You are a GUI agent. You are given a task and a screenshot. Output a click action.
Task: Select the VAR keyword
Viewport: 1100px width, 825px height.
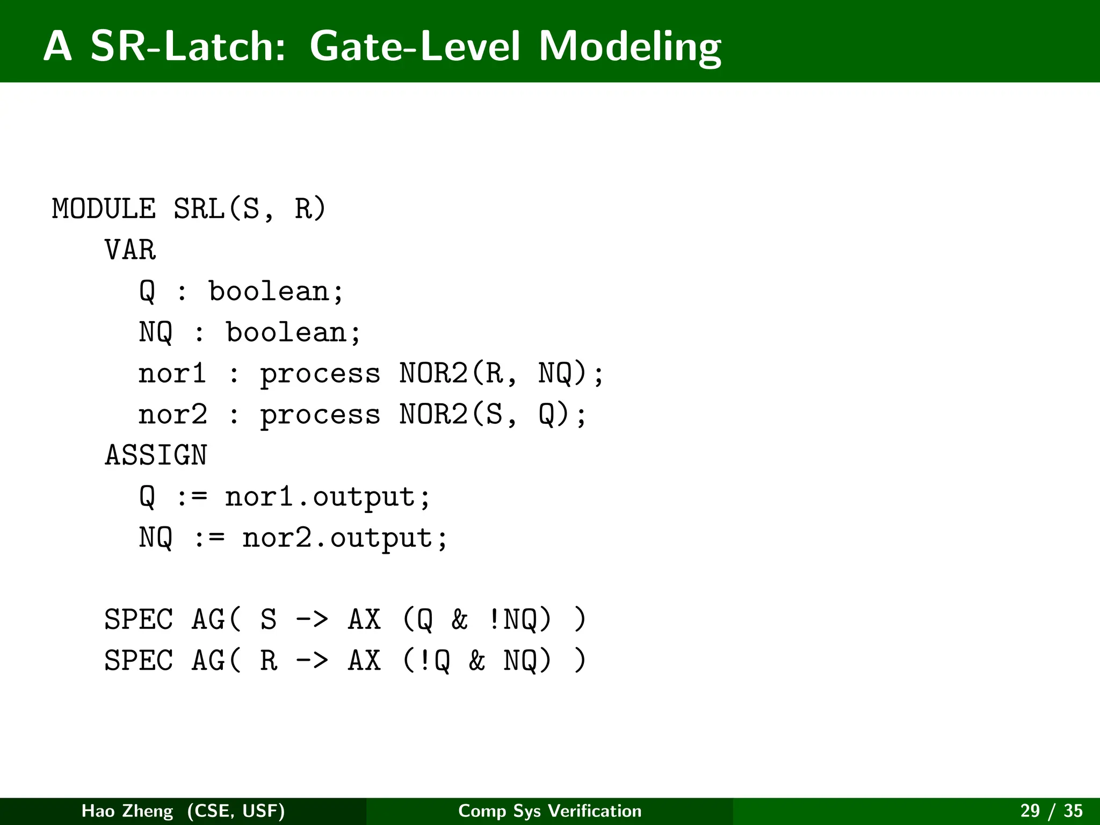[x=130, y=250]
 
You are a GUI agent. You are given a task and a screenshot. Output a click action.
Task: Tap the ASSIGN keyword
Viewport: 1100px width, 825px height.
[x=156, y=455]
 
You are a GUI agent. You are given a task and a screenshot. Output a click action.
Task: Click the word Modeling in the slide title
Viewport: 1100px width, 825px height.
[x=629, y=47]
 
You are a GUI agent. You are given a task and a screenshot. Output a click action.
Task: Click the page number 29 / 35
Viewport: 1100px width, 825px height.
[x=1051, y=810]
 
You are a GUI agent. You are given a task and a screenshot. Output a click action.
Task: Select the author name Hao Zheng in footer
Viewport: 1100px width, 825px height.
[x=127, y=810]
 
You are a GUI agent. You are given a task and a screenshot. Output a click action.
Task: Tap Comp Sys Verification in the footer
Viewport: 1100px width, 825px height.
[x=549, y=810]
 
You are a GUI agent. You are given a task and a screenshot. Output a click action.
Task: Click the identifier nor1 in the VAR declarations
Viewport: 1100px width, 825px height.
[x=172, y=373]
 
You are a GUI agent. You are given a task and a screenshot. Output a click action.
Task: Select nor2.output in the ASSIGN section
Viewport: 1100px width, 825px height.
[x=344, y=538]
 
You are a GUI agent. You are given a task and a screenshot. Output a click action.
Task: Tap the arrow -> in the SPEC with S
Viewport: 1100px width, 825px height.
[x=312, y=619]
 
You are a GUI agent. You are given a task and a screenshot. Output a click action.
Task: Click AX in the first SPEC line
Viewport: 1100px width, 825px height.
[x=364, y=619]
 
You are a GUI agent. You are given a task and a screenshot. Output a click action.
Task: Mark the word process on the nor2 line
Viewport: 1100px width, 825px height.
[x=320, y=415]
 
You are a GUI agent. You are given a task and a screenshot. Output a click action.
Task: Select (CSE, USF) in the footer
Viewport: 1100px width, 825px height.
[x=236, y=810]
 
